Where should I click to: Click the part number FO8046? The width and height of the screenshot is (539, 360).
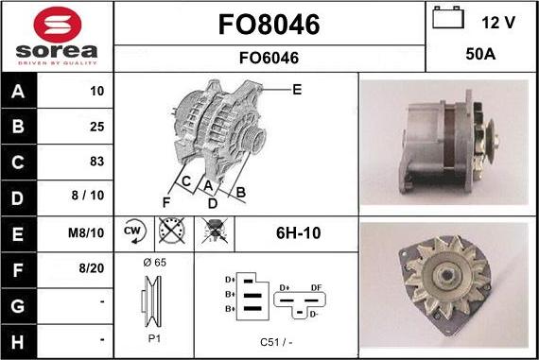click(269, 24)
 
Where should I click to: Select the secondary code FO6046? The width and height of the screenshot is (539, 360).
click(269, 59)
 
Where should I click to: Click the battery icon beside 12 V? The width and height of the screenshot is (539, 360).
click(448, 20)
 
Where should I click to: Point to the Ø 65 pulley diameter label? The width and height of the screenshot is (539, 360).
click(154, 262)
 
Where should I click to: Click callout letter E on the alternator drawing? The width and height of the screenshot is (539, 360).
click(296, 91)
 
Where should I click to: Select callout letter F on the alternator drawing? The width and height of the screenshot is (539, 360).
click(166, 201)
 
